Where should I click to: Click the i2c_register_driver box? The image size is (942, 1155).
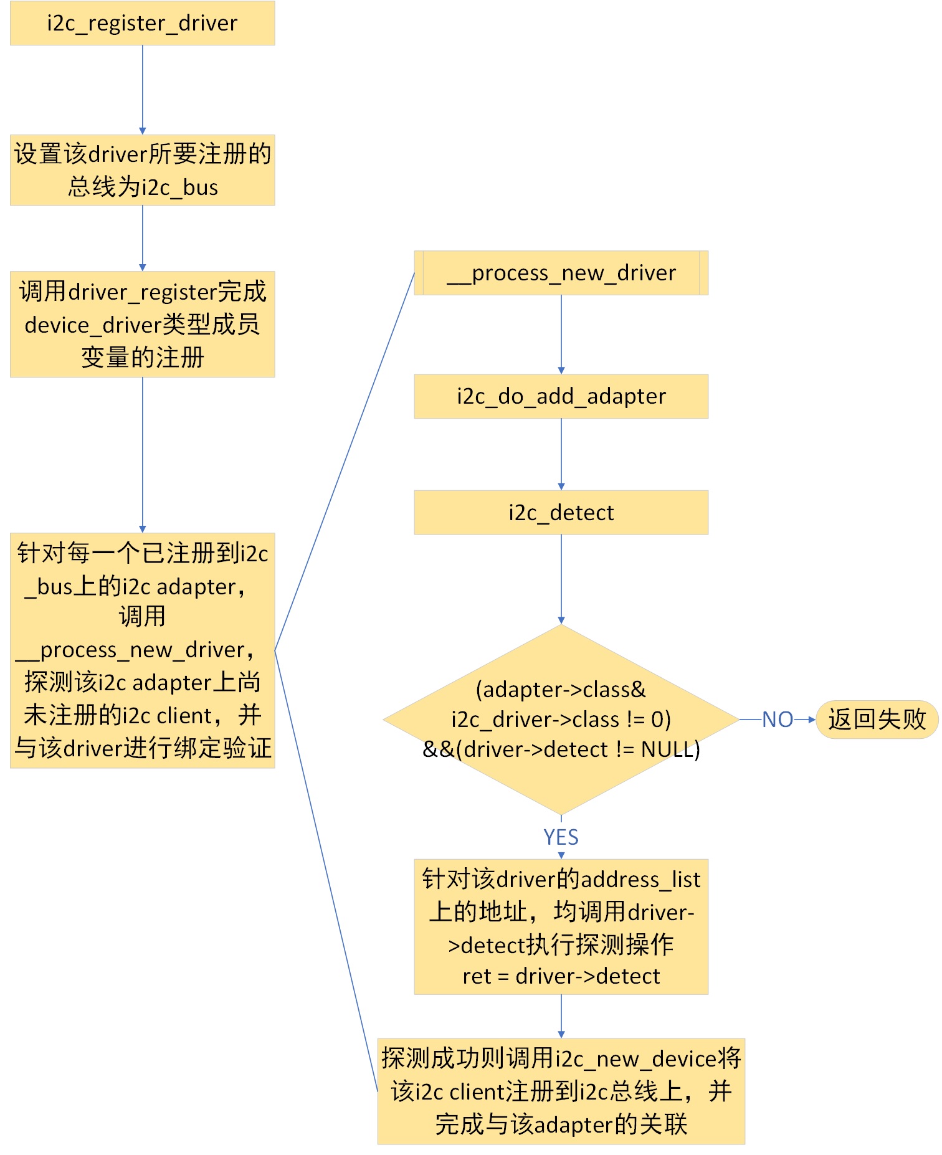pos(142,23)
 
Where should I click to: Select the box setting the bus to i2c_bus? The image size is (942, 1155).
pos(142,170)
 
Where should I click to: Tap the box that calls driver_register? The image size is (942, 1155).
pos(142,324)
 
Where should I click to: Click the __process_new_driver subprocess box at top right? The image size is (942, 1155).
pos(561,273)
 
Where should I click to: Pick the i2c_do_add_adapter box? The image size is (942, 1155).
pos(561,396)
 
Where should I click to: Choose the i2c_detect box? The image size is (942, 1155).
pos(561,512)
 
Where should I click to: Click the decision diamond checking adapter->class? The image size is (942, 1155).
pos(561,720)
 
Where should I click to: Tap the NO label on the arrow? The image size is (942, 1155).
pos(777,720)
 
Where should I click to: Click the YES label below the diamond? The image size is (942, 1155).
pos(561,837)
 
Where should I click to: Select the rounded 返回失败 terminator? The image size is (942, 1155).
pos(877,720)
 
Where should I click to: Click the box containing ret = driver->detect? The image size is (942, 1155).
pos(561,926)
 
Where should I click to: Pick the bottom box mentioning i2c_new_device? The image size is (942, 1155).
pos(561,1091)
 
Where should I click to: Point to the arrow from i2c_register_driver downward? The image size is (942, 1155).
pos(143,89)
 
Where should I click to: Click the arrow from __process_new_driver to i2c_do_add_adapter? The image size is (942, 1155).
pos(561,334)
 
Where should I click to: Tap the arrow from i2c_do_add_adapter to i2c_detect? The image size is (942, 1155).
pos(561,454)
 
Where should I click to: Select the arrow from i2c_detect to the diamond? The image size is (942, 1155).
pos(561,579)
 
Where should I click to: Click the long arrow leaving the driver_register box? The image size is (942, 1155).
pos(143,454)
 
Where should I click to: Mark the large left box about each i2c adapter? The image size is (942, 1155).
pos(142,650)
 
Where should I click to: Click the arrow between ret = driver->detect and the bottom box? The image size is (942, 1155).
pos(561,1015)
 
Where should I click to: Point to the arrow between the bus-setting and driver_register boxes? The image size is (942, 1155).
pos(143,237)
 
